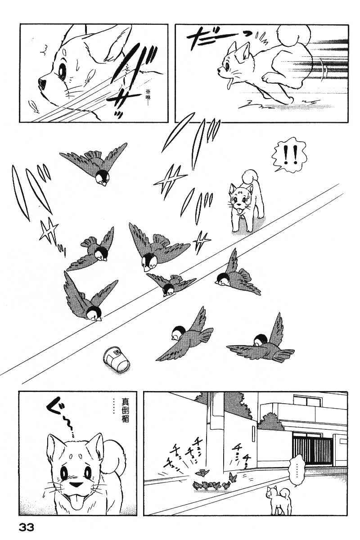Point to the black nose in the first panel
(42, 82)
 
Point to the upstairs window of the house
(306, 402)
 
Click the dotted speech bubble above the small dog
(297, 469)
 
